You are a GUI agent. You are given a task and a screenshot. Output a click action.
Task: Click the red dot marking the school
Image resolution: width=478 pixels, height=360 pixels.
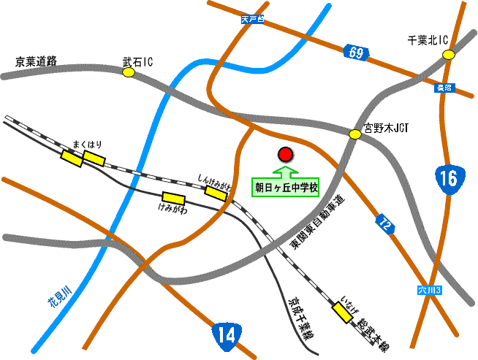point(285,155)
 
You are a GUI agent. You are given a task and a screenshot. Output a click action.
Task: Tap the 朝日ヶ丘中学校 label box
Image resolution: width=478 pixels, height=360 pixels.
point(287,188)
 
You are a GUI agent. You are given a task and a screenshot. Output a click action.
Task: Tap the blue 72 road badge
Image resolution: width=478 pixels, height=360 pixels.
point(385,224)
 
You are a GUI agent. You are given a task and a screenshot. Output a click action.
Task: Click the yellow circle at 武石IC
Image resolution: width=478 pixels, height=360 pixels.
point(129,73)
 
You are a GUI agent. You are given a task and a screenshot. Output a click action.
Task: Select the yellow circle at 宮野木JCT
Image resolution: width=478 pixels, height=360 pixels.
point(355,134)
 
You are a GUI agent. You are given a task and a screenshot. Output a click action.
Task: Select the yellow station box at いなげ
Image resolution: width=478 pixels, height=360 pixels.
point(341,313)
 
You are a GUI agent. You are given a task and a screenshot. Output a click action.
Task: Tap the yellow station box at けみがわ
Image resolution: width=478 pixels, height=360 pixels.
point(173,197)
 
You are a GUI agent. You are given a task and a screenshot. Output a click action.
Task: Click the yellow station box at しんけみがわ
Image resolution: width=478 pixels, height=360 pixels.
point(216,192)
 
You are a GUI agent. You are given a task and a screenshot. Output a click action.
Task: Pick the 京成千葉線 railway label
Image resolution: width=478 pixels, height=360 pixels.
point(299,318)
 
